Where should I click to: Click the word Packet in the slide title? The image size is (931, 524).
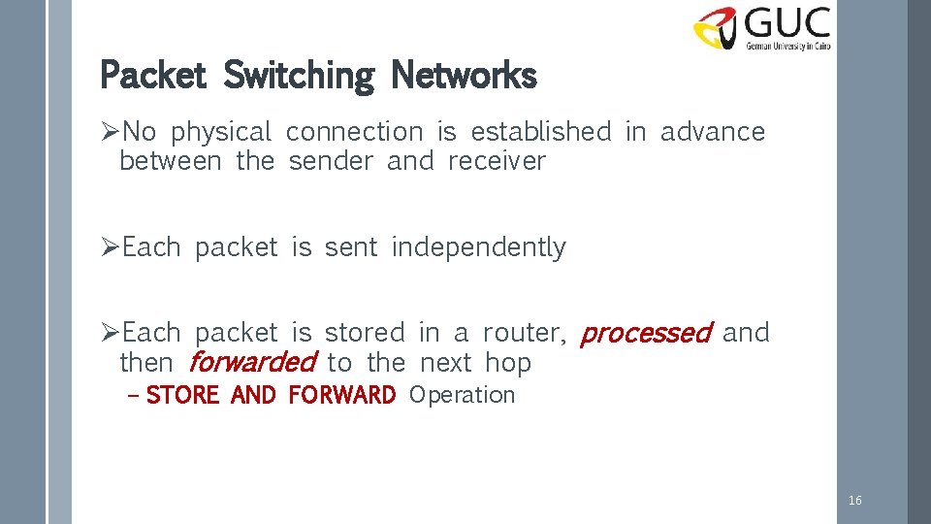click(154, 75)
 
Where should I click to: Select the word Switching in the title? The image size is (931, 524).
click(299, 75)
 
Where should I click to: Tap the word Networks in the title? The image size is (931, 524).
click(463, 75)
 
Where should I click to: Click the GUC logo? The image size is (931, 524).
click(762, 28)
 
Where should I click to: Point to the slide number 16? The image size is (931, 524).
click(854, 501)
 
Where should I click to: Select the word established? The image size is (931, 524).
click(541, 132)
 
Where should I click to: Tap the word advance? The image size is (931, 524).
click(713, 132)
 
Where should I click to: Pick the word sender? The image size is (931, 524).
click(331, 161)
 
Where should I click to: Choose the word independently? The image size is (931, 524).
click(478, 248)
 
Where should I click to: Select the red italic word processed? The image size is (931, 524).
click(645, 334)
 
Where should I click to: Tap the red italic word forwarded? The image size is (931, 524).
click(252, 364)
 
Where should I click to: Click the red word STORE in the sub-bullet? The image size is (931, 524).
click(182, 396)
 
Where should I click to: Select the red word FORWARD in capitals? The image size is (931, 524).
click(341, 396)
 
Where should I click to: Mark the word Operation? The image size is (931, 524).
click(462, 396)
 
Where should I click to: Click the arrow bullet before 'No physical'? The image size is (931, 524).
click(111, 132)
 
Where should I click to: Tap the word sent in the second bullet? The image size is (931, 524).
click(351, 248)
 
